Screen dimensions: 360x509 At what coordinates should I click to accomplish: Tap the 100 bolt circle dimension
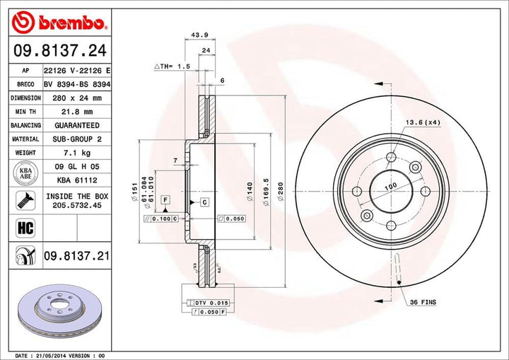[x=390, y=187]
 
